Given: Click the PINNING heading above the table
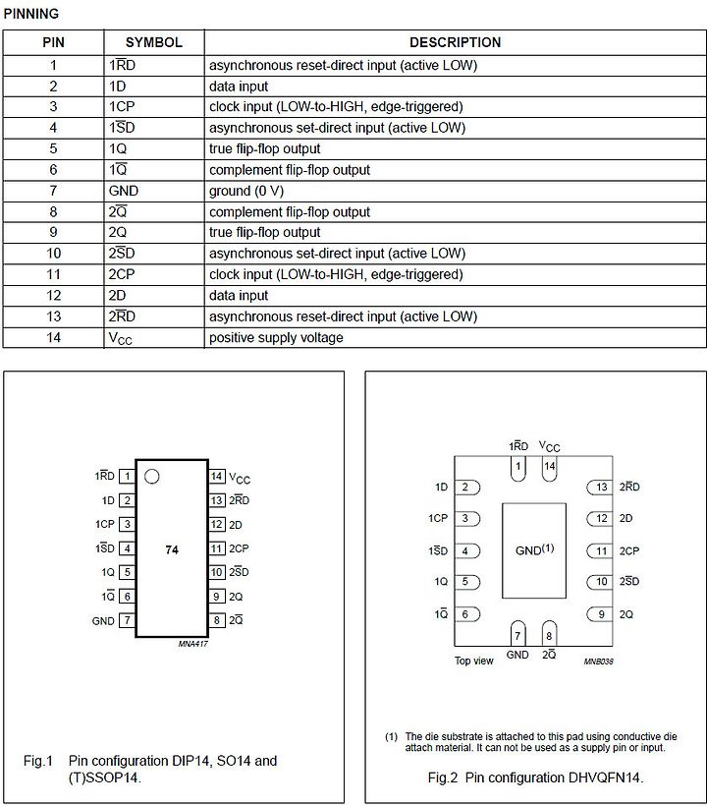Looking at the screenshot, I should tap(31, 14).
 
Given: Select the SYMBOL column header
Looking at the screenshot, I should tap(153, 43).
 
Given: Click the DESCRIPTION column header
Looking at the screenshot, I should tap(455, 43).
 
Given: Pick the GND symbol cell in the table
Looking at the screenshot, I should tap(124, 191).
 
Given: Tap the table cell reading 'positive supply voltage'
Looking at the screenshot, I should tap(276, 338).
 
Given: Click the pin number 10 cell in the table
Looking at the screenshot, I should tap(53, 254).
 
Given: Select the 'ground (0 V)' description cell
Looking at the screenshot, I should tap(246, 191).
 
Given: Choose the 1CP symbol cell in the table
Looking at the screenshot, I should tap(122, 107).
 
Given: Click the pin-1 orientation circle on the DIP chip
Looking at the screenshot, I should tap(151, 477).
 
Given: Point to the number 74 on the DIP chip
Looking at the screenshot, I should tap(172, 550).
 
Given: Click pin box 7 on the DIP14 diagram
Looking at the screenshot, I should tap(127, 621).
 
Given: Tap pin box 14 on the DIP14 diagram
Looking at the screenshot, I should tap(217, 477).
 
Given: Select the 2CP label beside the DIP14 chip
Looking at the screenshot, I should tap(239, 548).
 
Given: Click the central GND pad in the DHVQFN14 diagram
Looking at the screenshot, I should tap(534, 550).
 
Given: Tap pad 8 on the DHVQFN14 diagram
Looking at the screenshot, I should tap(549, 634).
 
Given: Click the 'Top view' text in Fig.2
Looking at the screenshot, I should tap(473, 662).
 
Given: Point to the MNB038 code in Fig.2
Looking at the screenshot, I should tap(597, 662).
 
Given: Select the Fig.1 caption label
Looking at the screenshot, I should tap(37, 761).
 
